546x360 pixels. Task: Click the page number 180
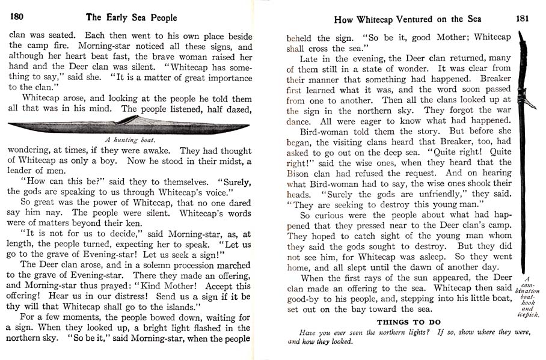[16, 17]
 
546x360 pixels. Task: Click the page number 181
[522, 18]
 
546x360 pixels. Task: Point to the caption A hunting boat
[130, 139]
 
